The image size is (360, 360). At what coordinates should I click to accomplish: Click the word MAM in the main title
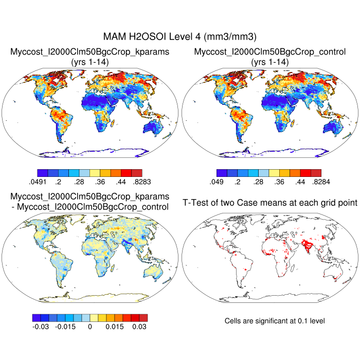115,37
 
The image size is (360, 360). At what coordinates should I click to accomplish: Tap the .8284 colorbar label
319,181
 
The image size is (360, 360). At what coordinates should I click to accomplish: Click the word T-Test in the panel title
196,203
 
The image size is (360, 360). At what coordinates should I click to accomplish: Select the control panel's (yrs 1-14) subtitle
270,62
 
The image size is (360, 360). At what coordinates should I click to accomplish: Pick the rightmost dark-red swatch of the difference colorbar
143,318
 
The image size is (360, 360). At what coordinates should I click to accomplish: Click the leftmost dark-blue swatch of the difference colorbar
36,318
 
